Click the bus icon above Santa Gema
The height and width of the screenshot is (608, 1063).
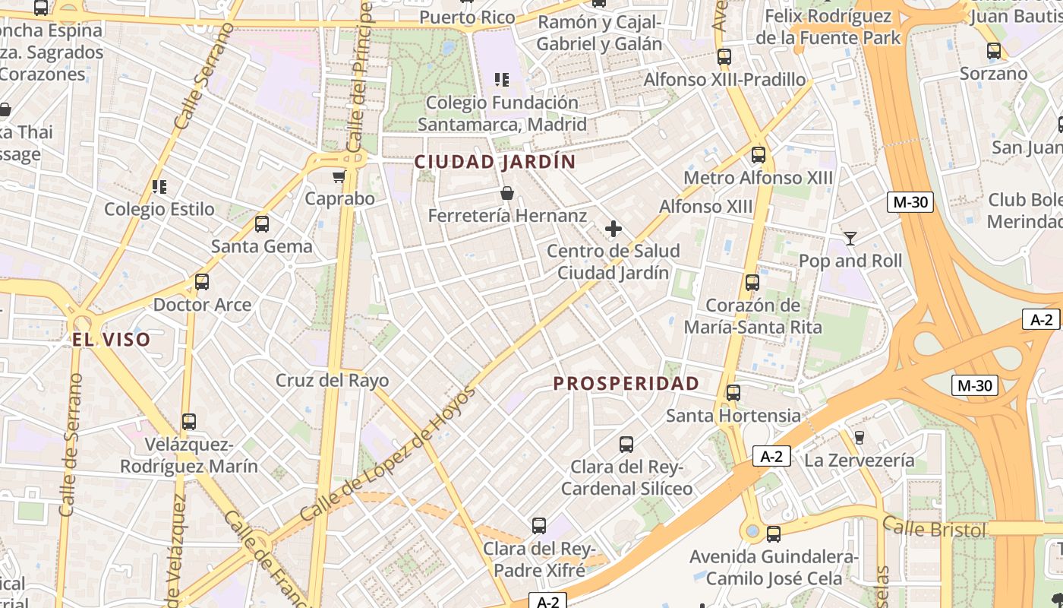262,224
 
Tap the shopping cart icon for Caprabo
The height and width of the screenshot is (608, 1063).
339,177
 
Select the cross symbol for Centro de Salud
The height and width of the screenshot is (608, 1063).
614,228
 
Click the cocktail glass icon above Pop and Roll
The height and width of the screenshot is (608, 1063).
850,239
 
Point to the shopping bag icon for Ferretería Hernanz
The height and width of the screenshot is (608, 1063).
507,194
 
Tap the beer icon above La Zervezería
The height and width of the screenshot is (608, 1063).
860,438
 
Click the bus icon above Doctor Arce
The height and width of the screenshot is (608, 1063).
202,282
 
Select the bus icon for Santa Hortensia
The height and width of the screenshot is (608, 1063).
733,393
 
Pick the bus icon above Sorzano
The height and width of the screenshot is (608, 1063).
993,52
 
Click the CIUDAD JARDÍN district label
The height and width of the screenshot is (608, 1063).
495,162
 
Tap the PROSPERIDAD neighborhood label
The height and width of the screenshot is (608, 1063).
626,383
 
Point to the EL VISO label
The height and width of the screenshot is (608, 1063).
112,340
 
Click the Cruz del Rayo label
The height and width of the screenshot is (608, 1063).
332,380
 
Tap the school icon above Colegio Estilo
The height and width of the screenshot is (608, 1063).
159,187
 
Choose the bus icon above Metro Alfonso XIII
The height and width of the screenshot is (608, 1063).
758,156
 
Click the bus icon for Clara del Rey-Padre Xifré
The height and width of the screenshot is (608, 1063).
538,525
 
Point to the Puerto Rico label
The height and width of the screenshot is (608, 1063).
467,17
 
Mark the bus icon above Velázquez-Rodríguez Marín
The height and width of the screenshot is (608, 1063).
189,422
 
